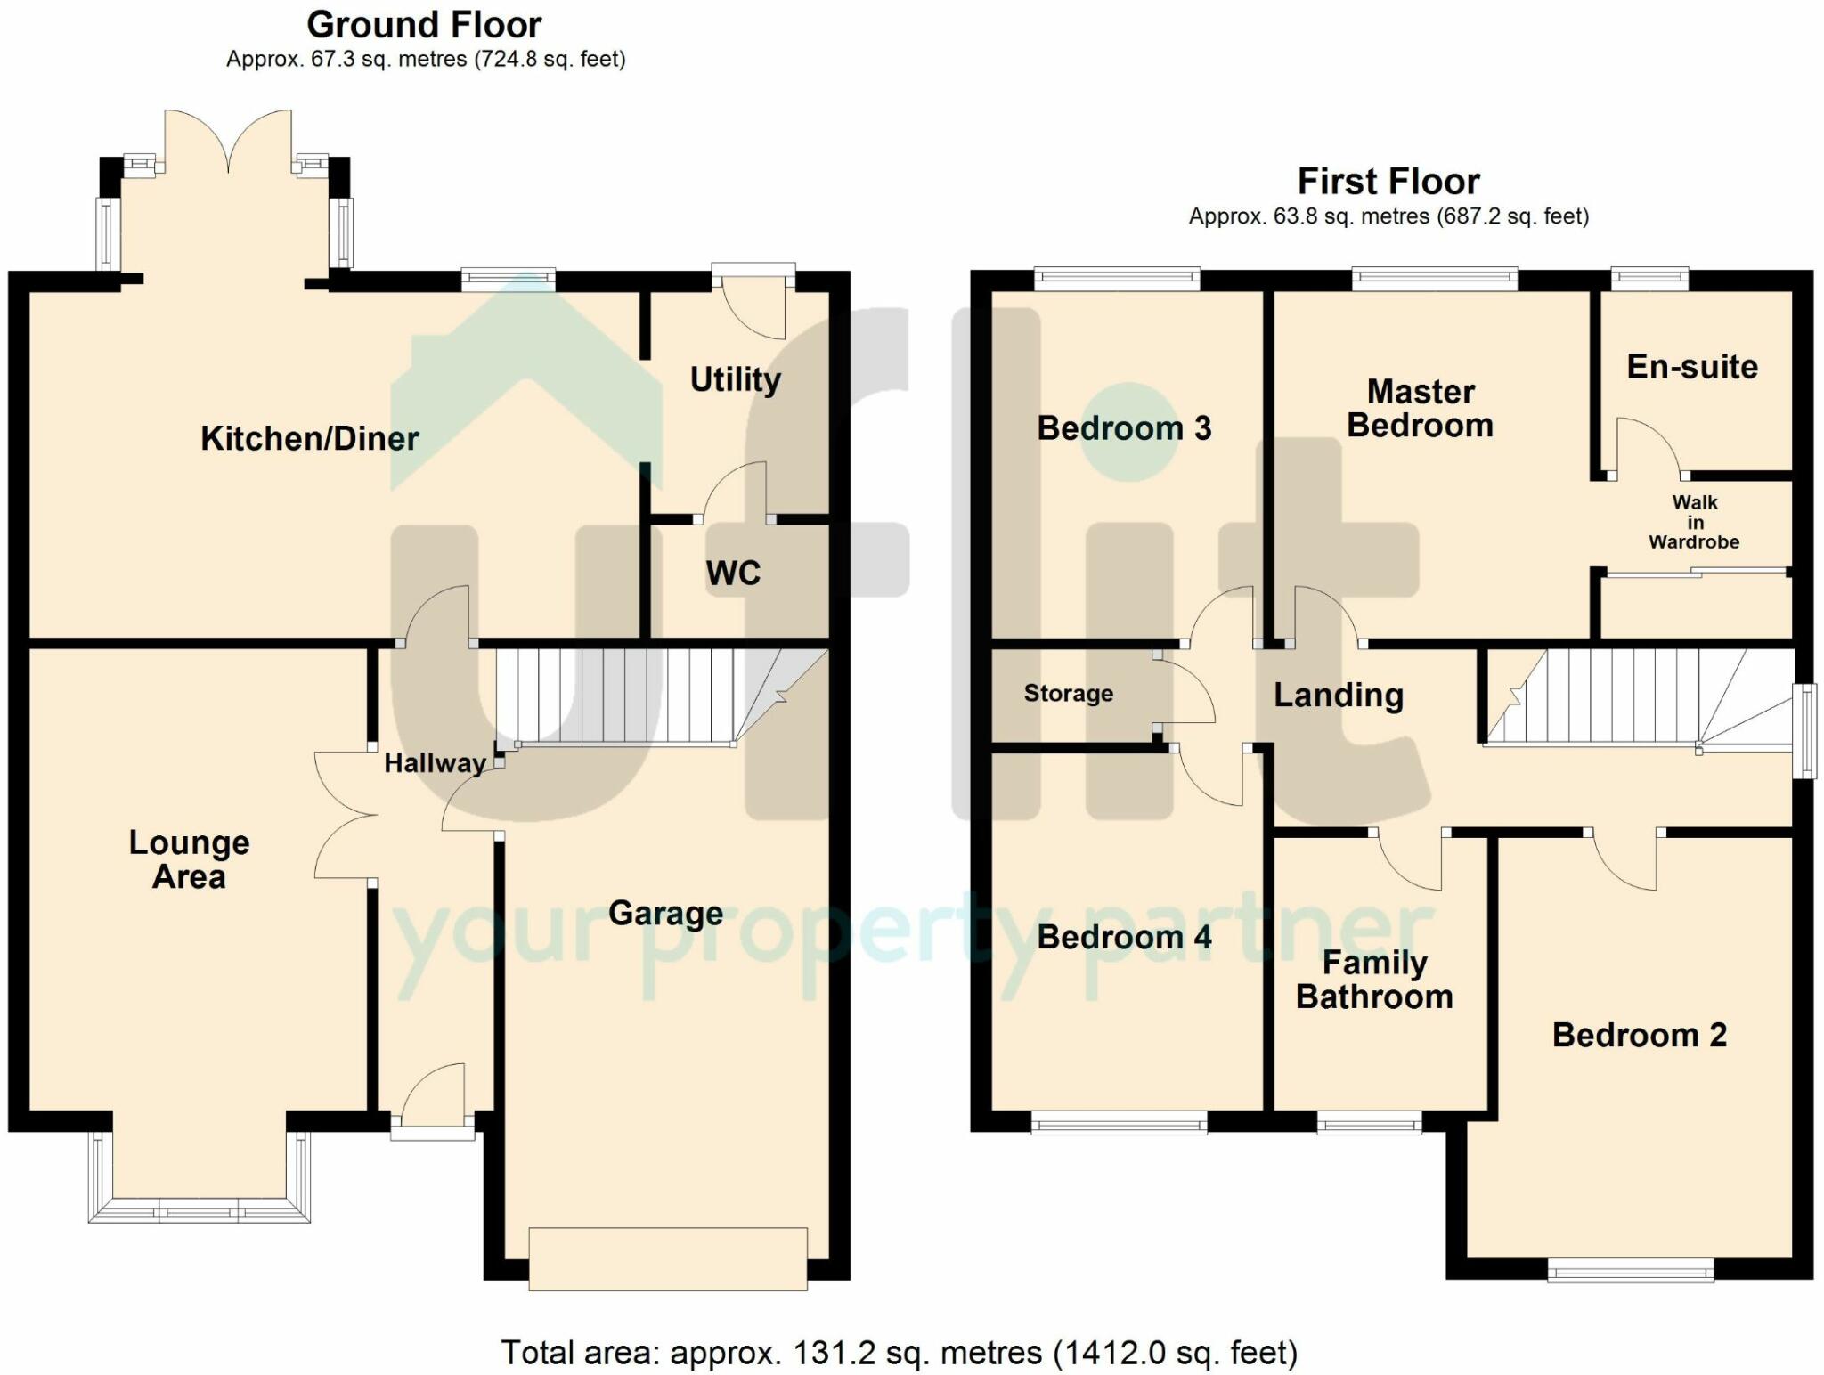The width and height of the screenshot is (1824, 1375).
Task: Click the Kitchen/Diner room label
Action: (310, 438)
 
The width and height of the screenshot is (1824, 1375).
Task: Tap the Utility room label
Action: (736, 380)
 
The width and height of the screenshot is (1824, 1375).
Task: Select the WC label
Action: (733, 573)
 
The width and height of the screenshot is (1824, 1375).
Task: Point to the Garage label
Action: (665, 914)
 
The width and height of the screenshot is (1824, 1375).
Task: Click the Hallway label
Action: (436, 763)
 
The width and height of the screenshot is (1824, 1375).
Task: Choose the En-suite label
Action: (1692, 367)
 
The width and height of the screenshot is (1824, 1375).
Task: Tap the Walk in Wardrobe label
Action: (1694, 522)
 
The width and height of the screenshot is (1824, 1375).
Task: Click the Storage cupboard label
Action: (1069, 693)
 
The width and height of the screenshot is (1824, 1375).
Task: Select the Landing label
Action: (1339, 696)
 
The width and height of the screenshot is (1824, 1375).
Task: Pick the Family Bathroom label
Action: (1374, 980)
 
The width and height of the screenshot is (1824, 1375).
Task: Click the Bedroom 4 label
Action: (1125, 937)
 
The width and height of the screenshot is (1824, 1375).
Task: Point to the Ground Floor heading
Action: (424, 25)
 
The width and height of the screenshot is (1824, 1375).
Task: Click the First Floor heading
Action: (1388, 182)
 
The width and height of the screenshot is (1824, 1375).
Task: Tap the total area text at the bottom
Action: (900, 1353)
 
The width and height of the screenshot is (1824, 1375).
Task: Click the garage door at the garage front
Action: (668, 1258)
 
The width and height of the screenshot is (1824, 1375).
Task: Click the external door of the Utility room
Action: (753, 300)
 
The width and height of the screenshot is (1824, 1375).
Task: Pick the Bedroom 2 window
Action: (1631, 1269)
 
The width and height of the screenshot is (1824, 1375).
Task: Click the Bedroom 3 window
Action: (1117, 280)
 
